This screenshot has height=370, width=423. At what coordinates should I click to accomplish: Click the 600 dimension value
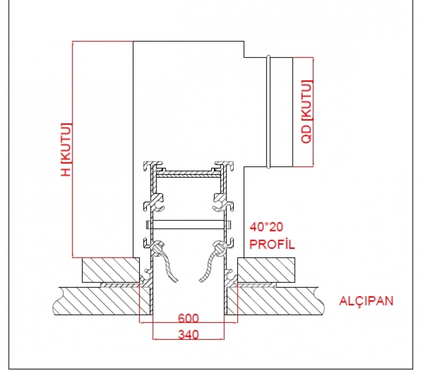[188, 318]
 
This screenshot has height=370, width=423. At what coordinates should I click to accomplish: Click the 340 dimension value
[188, 335]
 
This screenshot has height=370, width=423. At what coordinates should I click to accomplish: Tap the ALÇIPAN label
[366, 301]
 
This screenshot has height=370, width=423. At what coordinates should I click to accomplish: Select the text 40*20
[266, 227]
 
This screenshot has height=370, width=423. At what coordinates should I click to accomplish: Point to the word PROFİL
[272, 244]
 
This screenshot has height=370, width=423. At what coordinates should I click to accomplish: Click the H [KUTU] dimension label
[67, 150]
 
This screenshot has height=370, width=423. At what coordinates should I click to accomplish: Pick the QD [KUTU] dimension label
[307, 112]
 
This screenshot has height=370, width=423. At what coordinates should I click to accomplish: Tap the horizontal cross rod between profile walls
[188, 225]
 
